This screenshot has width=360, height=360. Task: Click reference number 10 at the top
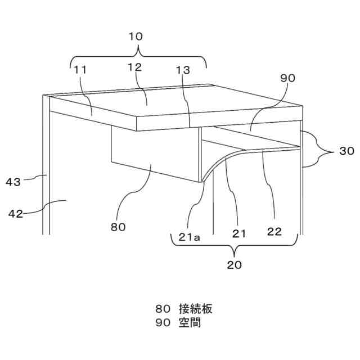click(x=136, y=37)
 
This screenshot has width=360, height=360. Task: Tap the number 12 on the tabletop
click(x=134, y=67)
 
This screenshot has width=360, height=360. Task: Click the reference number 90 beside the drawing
click(x=287, y=79)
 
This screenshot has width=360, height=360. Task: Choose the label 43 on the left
click(x=14, y=181)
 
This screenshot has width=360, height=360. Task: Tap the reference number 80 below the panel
click(x=118, y=227)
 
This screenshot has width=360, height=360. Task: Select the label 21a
click(x=190, y=237)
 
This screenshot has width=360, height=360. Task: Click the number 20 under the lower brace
click(x=235, y=264)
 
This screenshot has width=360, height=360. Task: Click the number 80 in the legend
click(x=163, y=309)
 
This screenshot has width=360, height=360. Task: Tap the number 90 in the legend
click(x=163, y=323)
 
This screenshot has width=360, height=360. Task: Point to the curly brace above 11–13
click(x=138, y=56)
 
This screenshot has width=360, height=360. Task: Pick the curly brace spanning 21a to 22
click(x=233, y=245)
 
